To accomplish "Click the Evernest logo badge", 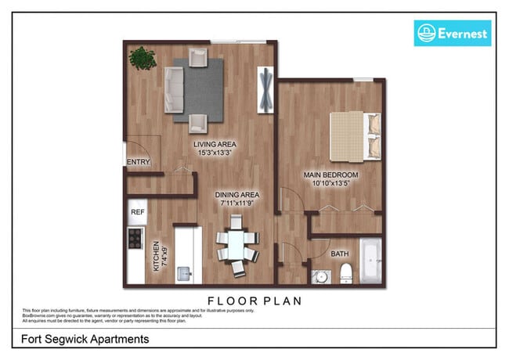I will tap(452, 33).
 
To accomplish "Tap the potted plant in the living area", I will tap(143, 57).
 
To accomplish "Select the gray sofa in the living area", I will tap(173, 88).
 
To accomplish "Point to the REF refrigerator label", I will tap(138, 211).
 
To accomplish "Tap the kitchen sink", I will tap(186, 272).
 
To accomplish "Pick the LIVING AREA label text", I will tap(217, 145).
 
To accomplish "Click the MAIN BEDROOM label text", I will tap(330, 174).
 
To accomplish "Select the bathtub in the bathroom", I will tap(370, 262).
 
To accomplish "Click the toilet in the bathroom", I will tap(345, 273).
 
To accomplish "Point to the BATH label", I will tap(340, 254).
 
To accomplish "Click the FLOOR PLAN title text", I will tap(254, 300).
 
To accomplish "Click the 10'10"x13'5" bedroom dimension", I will tap(331, 183).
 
